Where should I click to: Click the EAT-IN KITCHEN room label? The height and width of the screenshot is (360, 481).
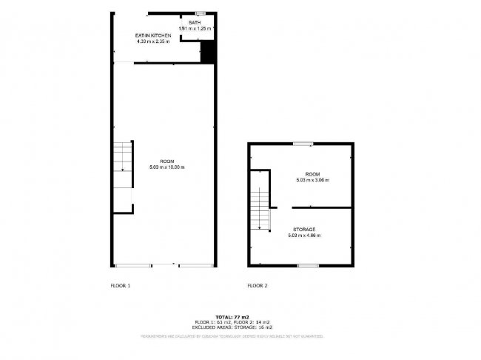tap(153, 36)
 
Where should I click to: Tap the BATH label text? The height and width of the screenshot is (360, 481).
tap(195, 23)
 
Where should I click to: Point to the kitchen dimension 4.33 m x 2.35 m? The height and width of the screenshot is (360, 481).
tap(153, 41)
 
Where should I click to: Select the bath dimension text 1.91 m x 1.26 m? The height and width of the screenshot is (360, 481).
tap(195, 29)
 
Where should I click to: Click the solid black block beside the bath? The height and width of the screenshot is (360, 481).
tap(208, 53)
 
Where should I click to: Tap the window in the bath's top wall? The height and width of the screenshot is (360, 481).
tap(200, 13)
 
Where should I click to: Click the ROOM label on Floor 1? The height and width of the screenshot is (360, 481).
tap(166, 161)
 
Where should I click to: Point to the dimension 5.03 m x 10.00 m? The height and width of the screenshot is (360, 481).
tap(166, 167)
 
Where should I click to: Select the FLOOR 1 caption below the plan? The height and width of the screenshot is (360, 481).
tap(120, 285)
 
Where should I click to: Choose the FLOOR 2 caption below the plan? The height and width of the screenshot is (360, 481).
tap(258, 285)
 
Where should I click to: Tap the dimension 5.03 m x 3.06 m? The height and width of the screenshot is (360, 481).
tap(312, 180)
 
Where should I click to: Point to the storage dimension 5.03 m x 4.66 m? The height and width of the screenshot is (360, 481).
tap(304, 236)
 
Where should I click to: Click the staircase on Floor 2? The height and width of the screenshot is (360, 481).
tap(259, 199)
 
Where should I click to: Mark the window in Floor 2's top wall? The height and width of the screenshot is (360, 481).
tap(302, 144)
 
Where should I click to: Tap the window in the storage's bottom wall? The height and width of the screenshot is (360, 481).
tap(308, 264)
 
